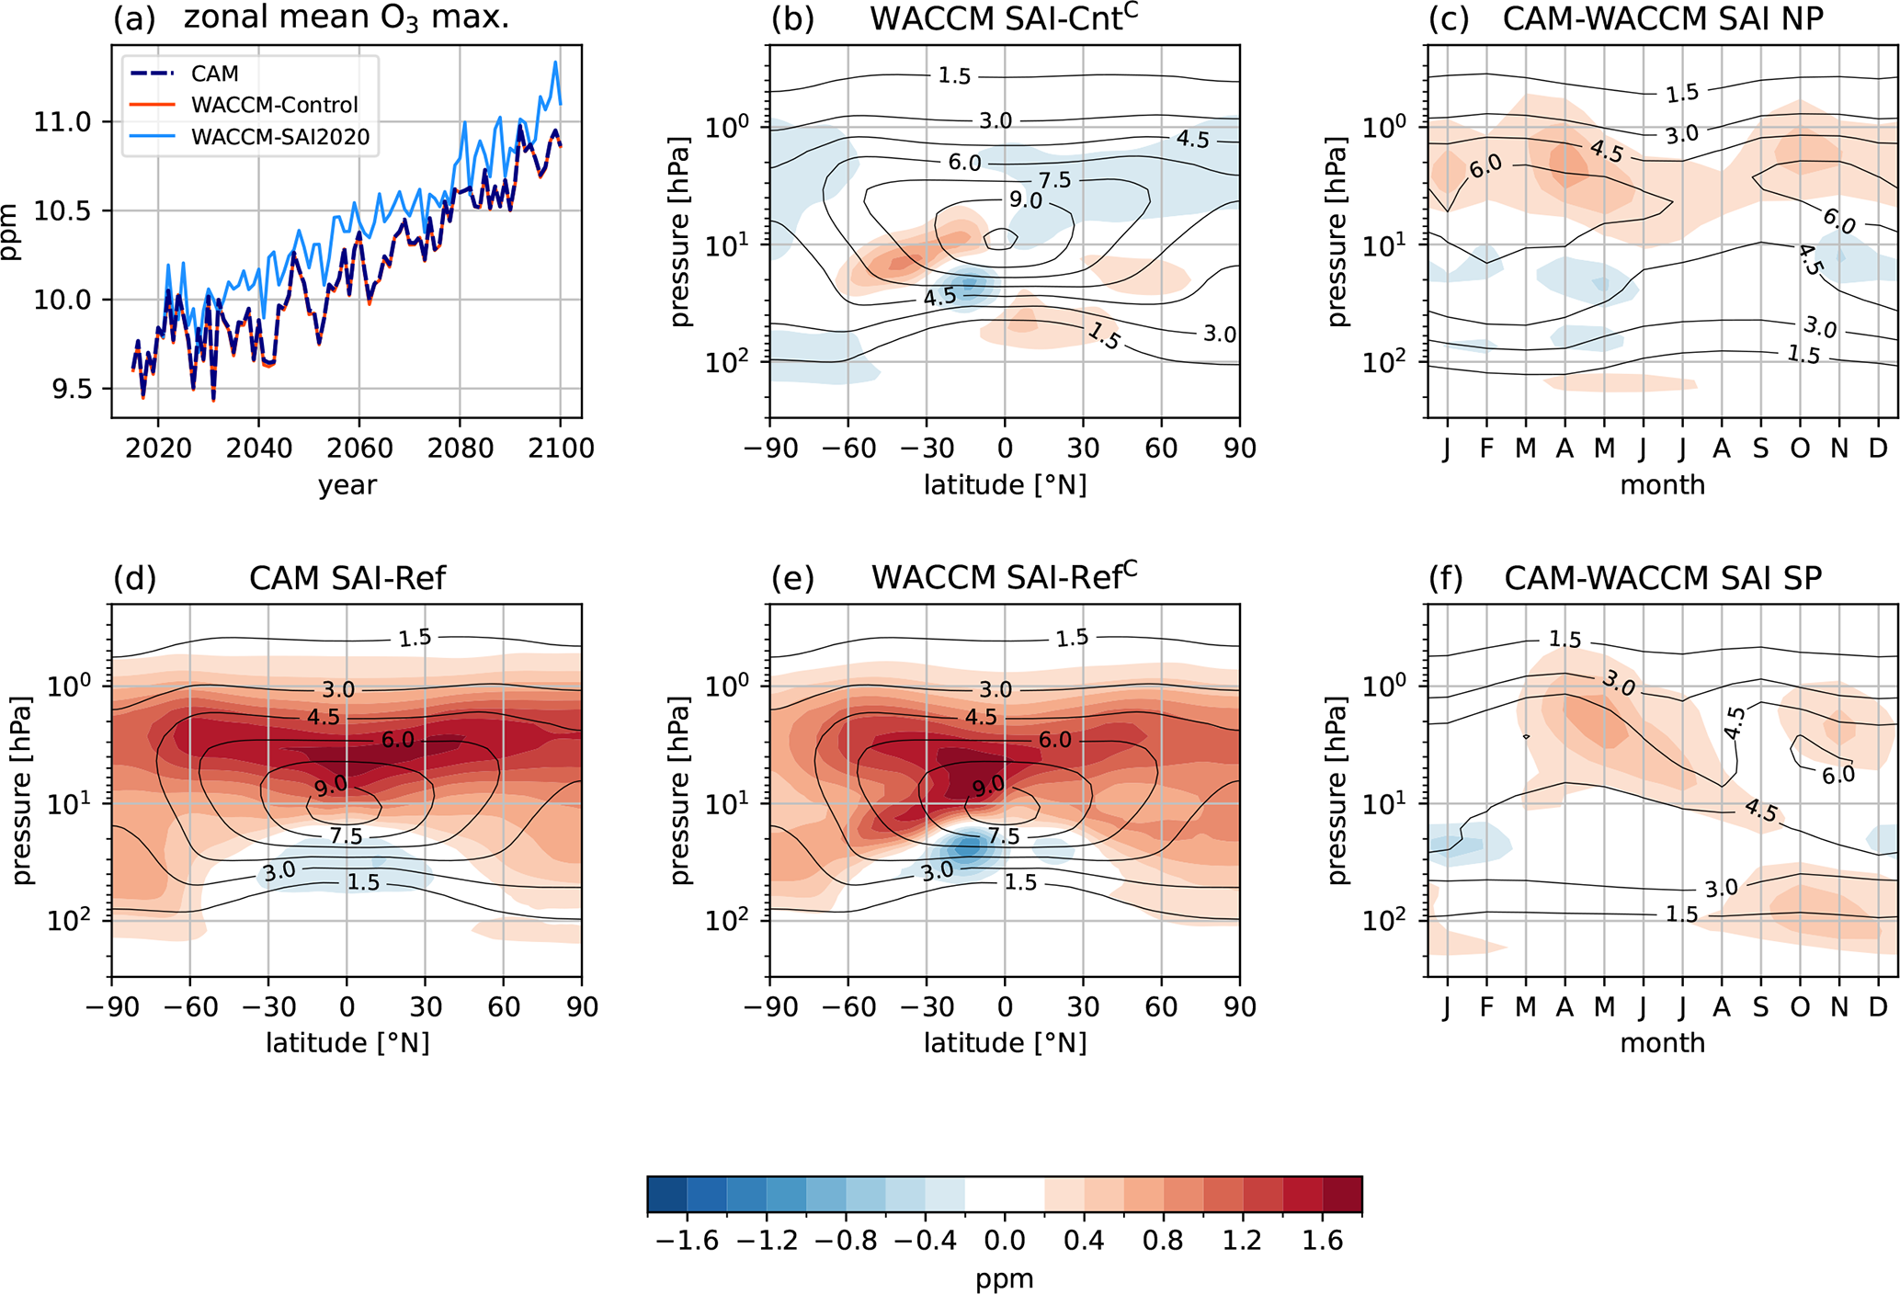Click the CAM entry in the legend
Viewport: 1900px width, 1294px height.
tap(214, 74)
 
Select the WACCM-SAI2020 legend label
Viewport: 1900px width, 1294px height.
tap(280, 137)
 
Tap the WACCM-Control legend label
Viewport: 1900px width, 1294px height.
tap(274, 105)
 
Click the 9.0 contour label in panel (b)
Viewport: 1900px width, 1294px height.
tap(1025, 199)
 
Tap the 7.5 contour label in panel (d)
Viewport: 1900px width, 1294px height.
tap(346, 835)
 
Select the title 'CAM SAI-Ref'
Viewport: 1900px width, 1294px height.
tap(347, 578)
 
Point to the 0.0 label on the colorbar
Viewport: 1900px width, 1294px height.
tap(1004, 1242)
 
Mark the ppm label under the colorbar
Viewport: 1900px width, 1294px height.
tap(1004, 1278)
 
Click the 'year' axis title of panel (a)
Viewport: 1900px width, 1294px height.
tap(347, 484)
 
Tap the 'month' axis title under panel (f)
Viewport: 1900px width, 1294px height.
tap(1662, 1042)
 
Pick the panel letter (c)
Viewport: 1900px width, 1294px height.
tap(1448, 18)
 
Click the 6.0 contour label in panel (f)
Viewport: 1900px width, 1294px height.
tap(1837, 775)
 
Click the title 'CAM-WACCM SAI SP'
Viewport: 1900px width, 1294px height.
tap(1662, 578)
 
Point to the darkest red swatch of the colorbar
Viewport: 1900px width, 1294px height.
tap(1342, 1195)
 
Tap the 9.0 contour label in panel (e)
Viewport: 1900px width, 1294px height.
tap(988, 786)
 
